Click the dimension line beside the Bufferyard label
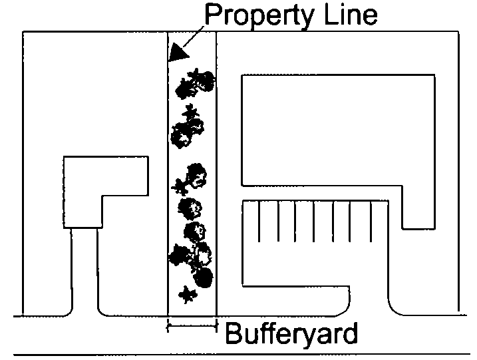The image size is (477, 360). click(x=192, y=326)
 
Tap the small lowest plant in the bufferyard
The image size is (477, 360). click(x=187, y=293)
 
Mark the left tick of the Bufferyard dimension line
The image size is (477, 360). click(x=168, y=326)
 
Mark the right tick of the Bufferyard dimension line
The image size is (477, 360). click(x=217, y=326)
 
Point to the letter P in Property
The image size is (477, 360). click(x=213, y=15)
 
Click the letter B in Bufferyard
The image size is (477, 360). click(x=234, y=333)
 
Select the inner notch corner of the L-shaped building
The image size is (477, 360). click(x=102, y=196)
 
